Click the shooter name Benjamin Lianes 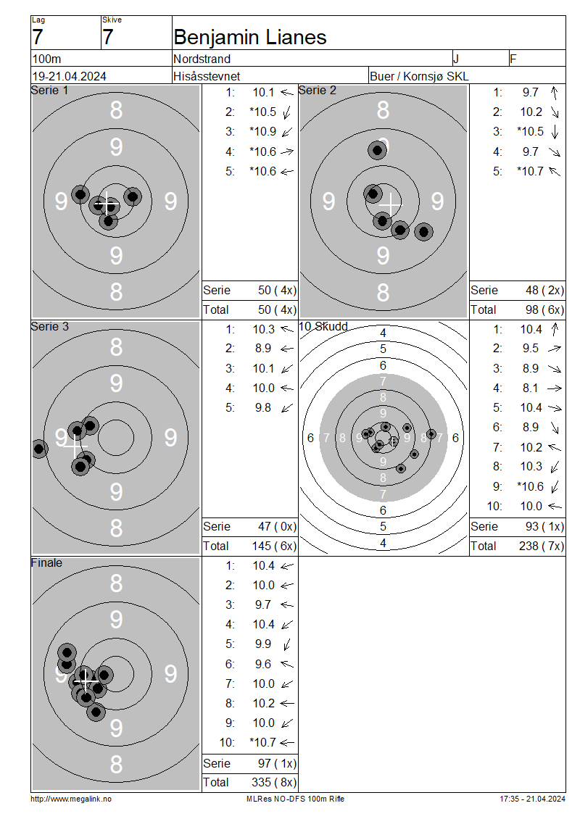point(250,37)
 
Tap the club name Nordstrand point(202,59)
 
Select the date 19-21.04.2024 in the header point(69,76)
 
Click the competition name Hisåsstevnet point(207,76)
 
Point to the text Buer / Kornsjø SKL point(419,76)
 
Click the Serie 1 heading point(49,91)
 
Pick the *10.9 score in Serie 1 point(263,132)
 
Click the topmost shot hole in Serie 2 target point(377,151)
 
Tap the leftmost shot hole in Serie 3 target point(39,448)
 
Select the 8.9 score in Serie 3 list point(263,349)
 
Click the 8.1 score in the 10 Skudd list point(531,388)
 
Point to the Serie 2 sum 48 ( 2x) point(544,291)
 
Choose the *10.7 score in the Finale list point(263,742)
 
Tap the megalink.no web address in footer point(71,799)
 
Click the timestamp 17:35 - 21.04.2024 point(532,799)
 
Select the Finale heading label point(46,562)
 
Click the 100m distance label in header point(47,59)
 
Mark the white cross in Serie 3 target point(74,447)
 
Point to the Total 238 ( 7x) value point(542,546)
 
